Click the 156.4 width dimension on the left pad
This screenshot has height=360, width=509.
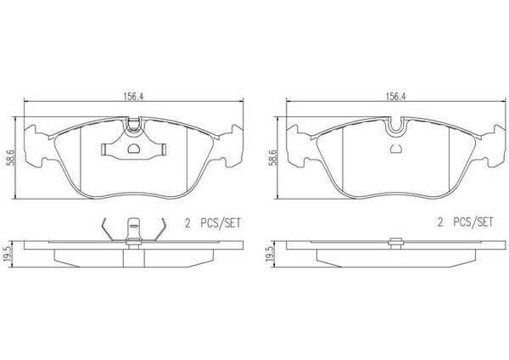pyautogui.click(x=133, y=97)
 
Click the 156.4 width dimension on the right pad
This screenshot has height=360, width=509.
pyautogui.click(x=395, y=97)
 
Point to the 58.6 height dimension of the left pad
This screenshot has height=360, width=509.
pyautogui.click(x=11, y=158)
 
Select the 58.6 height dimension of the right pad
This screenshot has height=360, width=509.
pyautogui.click(x=272, y=158)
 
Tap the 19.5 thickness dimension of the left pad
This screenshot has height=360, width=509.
pyautogui.click(x=8, y=254)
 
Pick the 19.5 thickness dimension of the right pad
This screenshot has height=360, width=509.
pyautogui.click(x=270, y=254)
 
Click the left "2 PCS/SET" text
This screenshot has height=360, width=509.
pyautogui.click(x=213, y=223)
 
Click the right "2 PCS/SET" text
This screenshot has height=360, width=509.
pyautogui.click(x=466, y=222)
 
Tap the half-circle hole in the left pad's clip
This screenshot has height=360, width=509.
pyautogui.click(x=134, y=149)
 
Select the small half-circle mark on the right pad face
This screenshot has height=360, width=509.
pyautogui.click(x=395, y=149)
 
